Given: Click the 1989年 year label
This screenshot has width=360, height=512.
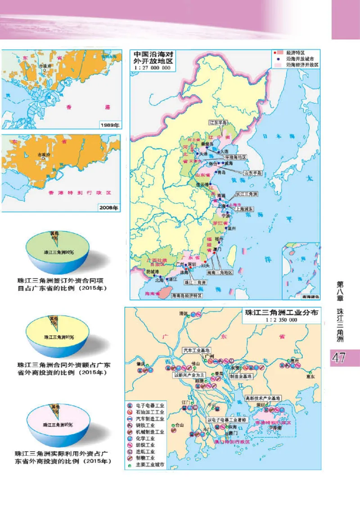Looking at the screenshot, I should (109, 125).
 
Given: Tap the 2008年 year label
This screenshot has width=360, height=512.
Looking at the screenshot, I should (109, 208).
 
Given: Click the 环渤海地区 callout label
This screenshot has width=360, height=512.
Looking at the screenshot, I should (235, 157).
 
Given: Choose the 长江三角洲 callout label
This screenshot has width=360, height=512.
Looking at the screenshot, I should (247, 194).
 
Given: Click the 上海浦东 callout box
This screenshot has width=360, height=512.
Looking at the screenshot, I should (244, 209).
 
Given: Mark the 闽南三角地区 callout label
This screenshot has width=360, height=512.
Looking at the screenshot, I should (220, 273).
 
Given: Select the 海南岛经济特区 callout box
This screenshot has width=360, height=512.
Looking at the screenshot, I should (186, 296).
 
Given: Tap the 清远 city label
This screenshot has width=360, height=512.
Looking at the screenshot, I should (182, 313).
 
